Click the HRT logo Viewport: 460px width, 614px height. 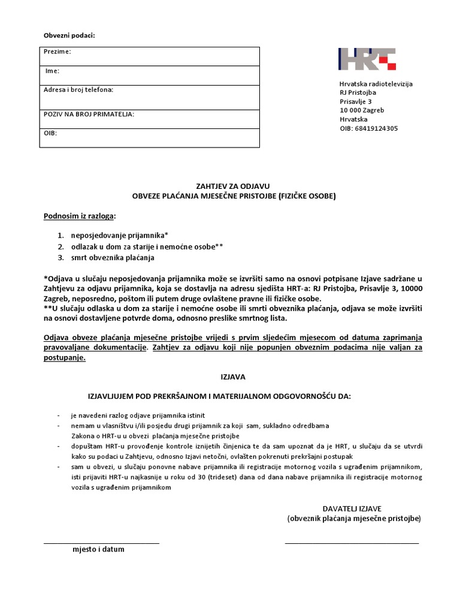point(367,59)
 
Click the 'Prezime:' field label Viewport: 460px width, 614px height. point(57,52)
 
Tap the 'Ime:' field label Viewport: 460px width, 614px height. point(53,71)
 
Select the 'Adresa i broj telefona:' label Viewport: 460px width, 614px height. point(78,90)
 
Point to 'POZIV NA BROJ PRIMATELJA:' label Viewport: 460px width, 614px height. point(89,114)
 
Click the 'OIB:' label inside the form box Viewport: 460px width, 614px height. point(50,133)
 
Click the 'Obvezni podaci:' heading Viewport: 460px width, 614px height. point(69,35)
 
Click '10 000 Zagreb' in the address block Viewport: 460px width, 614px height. point(362,110)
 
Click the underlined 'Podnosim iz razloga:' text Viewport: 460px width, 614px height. point(80,216)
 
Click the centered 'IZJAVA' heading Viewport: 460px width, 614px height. point(230,377)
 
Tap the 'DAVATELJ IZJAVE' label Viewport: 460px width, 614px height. point(356,508)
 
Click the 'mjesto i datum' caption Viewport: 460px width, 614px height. point(99,549)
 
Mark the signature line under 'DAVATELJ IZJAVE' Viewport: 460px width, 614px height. point(352,543)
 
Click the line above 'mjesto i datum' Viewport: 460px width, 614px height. point(101,543)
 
